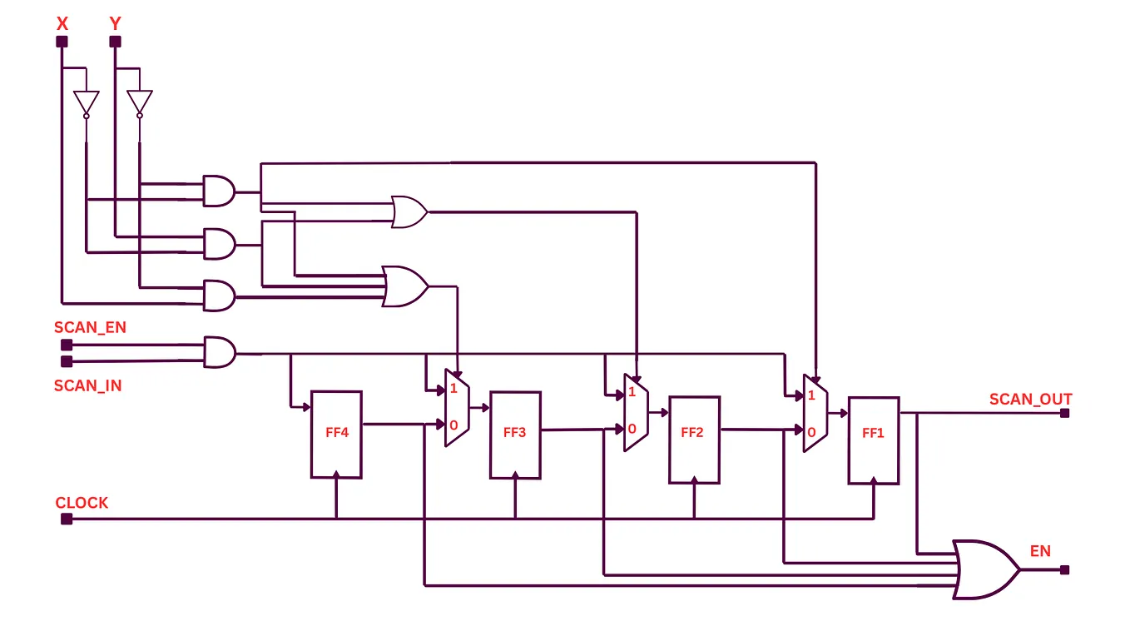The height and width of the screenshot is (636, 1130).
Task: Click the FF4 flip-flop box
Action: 336,434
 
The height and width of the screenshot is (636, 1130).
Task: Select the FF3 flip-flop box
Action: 515,434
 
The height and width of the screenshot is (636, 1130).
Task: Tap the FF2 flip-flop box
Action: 694,440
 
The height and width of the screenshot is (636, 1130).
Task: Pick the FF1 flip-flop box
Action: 873,440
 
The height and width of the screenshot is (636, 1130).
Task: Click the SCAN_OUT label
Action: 1030,400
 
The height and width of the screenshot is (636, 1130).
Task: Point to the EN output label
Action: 1040,551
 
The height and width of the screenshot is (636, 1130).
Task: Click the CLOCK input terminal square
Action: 67,519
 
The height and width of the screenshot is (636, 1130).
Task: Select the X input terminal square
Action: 62,42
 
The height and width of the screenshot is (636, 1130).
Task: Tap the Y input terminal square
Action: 115,42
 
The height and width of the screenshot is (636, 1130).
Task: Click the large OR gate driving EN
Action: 985,569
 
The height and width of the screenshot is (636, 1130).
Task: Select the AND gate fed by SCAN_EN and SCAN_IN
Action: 219,352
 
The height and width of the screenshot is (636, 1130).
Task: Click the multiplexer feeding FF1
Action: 815,414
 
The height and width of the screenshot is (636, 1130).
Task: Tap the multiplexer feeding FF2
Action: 636,412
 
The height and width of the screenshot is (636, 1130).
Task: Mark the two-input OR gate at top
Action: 409,212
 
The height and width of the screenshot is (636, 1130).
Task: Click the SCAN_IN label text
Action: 87,386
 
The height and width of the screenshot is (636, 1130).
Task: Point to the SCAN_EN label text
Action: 90,328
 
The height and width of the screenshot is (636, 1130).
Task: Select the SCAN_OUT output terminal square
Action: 1065,412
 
